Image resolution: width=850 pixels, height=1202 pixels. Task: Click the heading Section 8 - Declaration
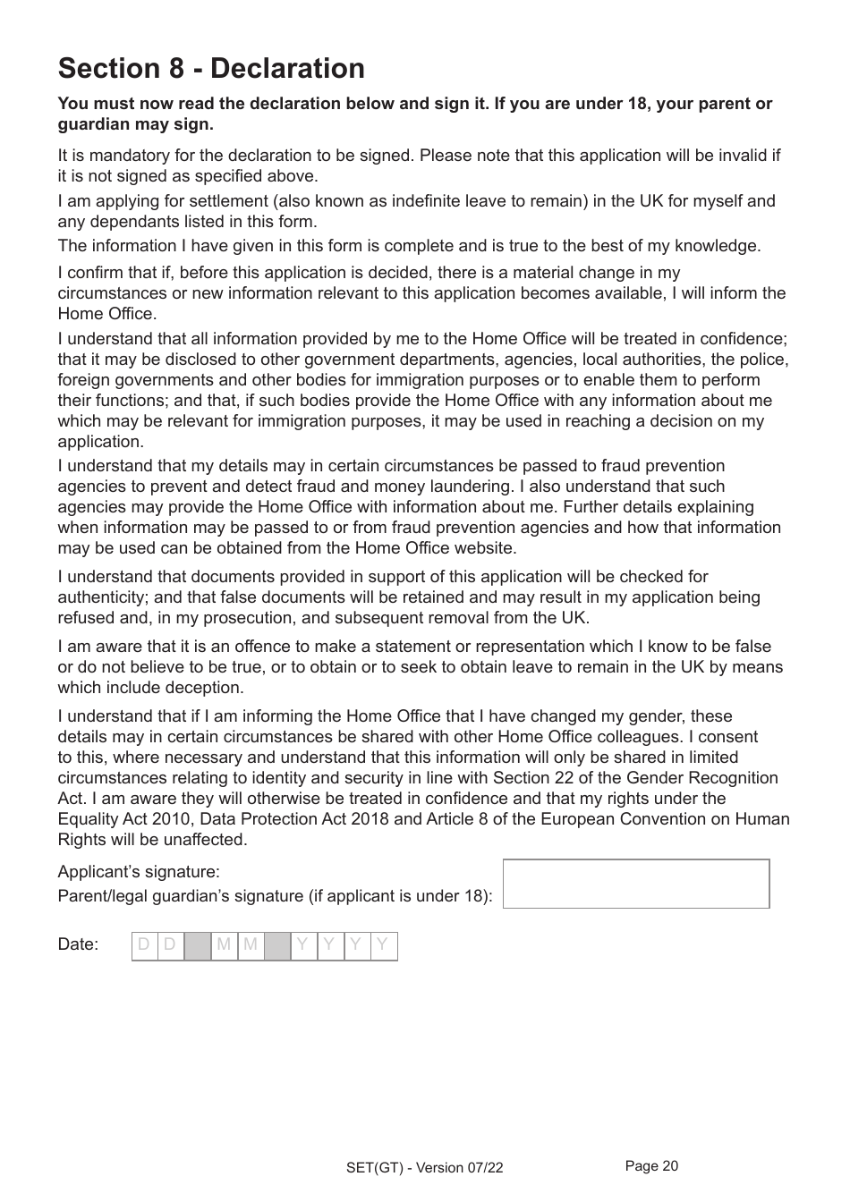(211, 69)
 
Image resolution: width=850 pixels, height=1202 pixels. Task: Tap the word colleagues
(712, 737)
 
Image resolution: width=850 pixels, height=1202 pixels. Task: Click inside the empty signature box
(635, 884)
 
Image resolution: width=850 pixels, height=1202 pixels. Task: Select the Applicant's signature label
(139, 872)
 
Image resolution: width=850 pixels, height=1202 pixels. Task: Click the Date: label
(78, 944)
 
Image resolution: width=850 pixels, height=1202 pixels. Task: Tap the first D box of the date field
(144, 945)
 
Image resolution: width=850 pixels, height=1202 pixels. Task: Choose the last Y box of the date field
(383, 945)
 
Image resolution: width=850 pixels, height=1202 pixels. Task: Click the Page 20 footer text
(651, 1166)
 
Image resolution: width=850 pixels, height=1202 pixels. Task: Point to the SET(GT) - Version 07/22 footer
(424, 1168)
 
